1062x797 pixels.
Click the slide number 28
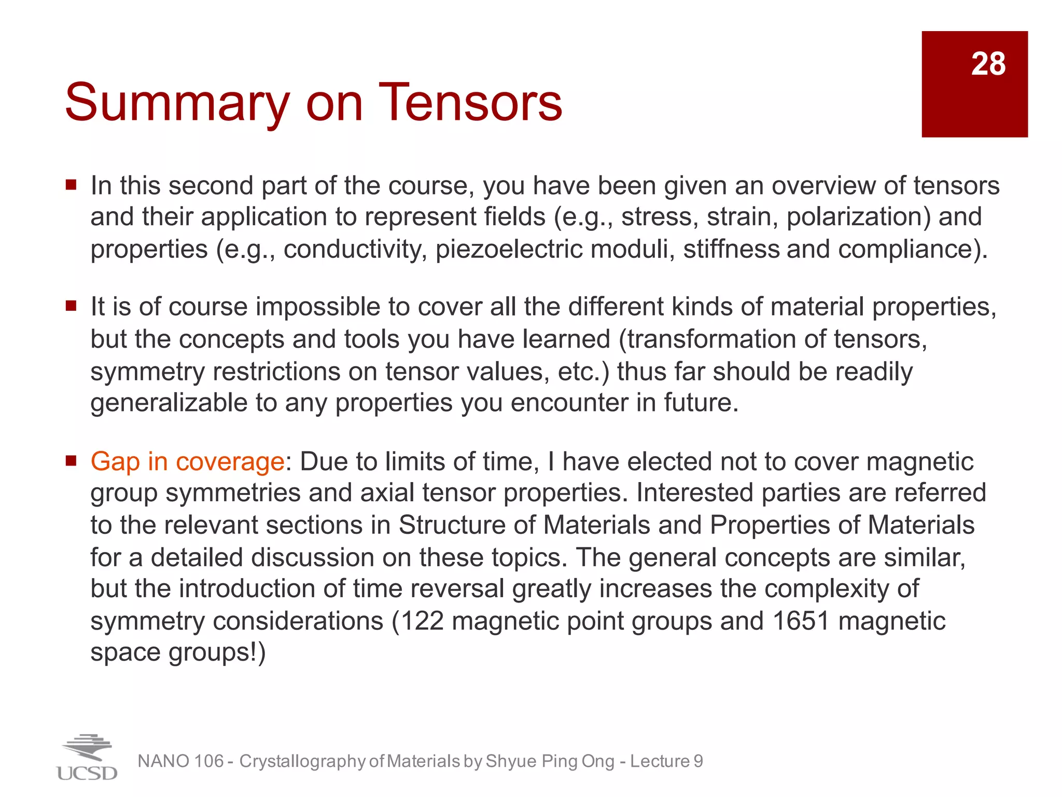coord(988,64)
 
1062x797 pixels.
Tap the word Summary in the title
coord(177,104)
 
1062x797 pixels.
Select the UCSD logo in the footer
coord(87,758)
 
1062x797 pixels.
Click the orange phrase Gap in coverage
coord(187,461)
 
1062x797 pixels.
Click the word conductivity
coord(355,249)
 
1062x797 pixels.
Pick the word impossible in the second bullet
coord(318,307)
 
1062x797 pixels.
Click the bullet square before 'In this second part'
coord(71,185)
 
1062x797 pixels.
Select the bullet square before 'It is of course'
coord(71,306)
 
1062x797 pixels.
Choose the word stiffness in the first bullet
coord(731,249)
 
